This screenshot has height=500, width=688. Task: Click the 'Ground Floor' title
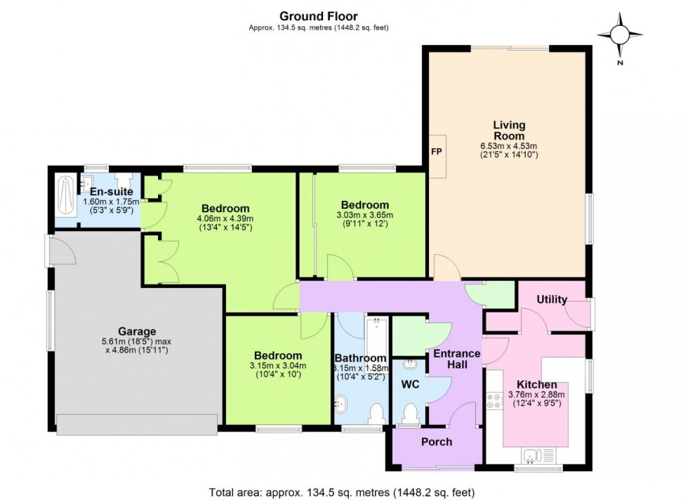[318, 16]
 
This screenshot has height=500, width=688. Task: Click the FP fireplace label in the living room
[437, 152]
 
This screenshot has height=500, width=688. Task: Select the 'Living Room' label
[509, 130]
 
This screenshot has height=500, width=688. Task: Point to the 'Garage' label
[137, 331]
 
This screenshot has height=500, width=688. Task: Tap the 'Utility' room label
[552, 300]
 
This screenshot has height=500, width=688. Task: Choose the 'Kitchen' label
[537, 385]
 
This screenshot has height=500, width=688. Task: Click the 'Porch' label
[437, 442]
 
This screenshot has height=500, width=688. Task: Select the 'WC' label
[410, 386]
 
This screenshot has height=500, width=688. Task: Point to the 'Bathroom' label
[360, 358]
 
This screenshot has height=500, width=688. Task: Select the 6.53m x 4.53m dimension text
[509, 145]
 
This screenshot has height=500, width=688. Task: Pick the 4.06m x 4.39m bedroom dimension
[226, 218]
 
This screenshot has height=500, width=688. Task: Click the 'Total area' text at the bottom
[345, 492]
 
